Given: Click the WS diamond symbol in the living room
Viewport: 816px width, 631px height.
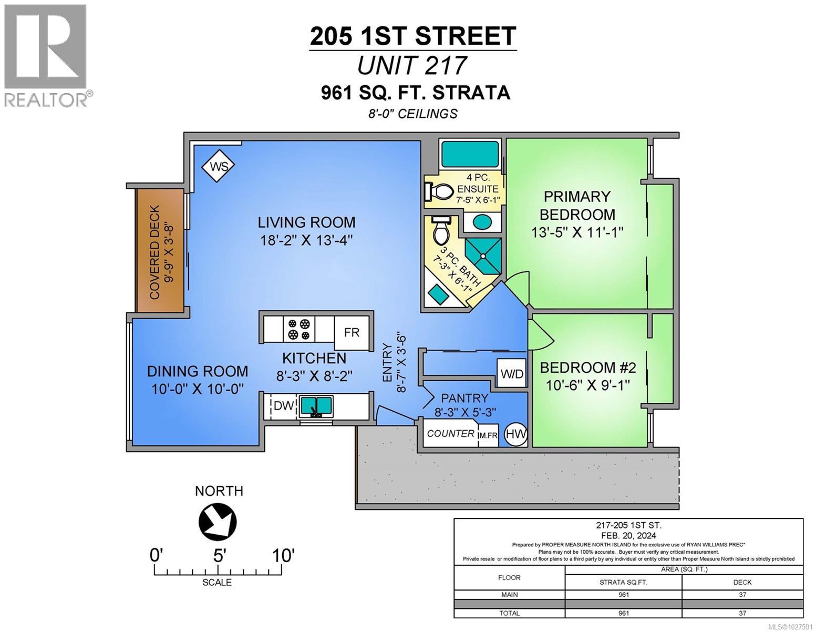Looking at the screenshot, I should coord(219,167).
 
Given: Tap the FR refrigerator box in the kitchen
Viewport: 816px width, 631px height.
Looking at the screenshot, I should coord(352,332).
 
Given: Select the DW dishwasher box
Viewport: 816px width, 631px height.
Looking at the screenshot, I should coord(283,405).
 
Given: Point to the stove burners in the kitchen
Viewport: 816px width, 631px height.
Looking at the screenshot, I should coord(298,329).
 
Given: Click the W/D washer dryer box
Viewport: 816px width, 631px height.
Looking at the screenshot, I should coord(511,374).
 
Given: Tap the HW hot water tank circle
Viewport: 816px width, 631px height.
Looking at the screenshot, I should coord(515,434).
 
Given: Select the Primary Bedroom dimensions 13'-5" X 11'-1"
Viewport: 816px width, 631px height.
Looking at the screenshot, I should coord(577,232).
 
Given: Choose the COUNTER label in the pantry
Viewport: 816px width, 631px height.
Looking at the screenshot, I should coord(450,434).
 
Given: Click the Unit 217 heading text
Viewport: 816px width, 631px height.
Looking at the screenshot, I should coord(411,66).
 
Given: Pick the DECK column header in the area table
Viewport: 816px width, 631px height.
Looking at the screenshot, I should coord(742,582).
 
